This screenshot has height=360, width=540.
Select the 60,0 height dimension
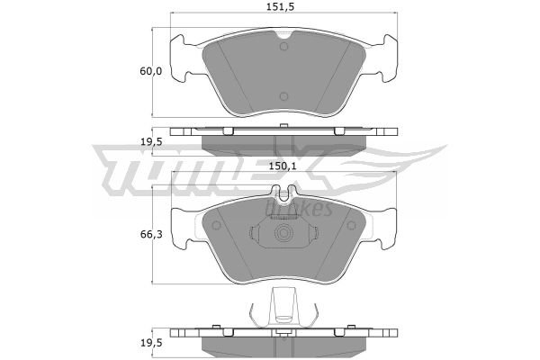click(x=150, y=71)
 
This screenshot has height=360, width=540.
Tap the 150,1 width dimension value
click(x=283, y=166)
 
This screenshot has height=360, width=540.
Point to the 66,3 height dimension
click(x=151, y=235)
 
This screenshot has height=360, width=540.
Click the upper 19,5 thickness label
click(x=151, y=141)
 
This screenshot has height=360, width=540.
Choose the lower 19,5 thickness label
click(x=151, y=343)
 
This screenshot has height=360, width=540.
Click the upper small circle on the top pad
click(x=283, y=47)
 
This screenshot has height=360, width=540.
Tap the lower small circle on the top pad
click(x=283, y=96)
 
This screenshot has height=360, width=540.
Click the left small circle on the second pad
click(x=216, y=225)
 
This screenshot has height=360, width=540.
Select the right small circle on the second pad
click(x=351, y=225)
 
